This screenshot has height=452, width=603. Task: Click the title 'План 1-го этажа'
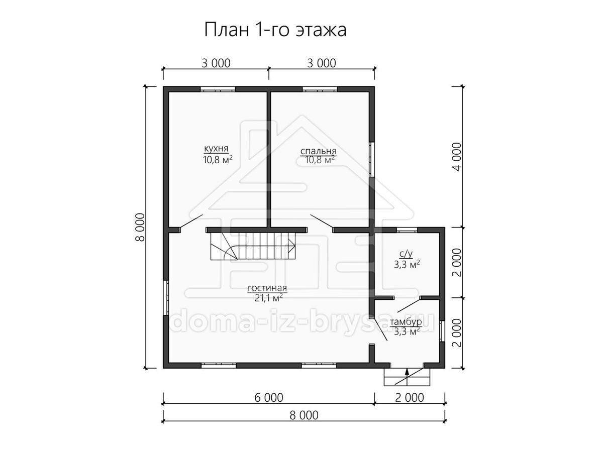[275, 30]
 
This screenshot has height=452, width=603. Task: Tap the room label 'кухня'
[216, 149]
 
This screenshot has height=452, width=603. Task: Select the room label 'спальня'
[319, 151]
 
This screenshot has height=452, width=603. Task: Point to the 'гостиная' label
[267, 288]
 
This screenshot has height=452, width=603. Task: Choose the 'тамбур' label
[406, 322]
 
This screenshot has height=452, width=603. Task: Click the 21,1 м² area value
[269, 298]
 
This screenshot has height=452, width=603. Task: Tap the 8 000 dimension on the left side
[140, 227]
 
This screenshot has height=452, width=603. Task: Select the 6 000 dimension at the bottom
[269, 398]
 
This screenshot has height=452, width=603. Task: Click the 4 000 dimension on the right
[457, 157]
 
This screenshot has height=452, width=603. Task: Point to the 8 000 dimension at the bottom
[304, 415]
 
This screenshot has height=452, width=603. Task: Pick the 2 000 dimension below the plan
[410, 398]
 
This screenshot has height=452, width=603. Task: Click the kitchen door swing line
[191, 221]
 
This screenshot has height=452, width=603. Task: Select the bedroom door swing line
[322, 221]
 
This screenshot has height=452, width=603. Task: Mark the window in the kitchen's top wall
[218, 89]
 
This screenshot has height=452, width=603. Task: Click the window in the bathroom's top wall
[407, 230]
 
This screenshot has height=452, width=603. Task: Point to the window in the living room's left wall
[166, 298]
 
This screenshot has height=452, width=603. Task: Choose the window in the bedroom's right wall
[372, 159]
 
